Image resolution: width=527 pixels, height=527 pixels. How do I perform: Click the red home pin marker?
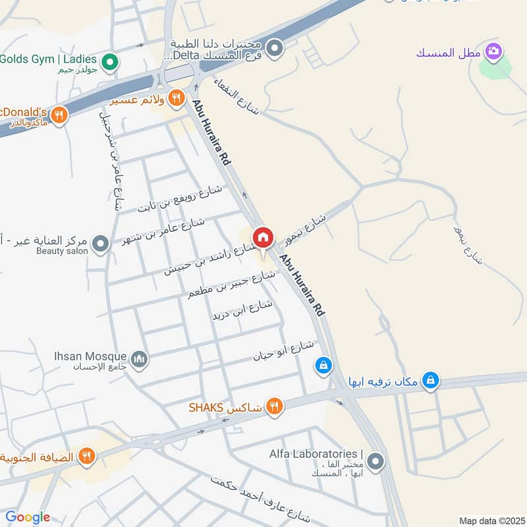[263, 237]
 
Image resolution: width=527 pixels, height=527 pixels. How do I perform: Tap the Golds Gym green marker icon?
[111, 62]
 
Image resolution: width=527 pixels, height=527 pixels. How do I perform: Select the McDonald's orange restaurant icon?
[59, 115]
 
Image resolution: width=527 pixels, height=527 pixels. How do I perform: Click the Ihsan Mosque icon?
[139, 359]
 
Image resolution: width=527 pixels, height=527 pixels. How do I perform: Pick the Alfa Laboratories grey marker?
[375, 460]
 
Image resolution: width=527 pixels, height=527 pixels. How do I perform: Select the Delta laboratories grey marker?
[275, 47]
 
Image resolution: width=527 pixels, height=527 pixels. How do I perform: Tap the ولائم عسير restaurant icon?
[176, 98]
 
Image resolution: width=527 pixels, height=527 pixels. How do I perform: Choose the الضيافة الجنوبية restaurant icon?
[86, 455]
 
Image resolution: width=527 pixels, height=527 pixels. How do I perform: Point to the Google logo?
[28, 517]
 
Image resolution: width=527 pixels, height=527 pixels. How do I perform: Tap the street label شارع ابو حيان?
[285, 351]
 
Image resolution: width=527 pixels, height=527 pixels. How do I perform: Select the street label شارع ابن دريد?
[242, 310]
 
